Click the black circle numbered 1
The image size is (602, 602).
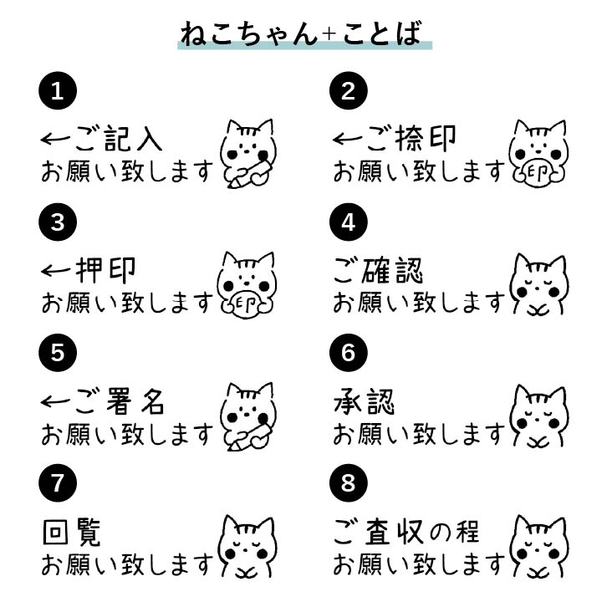57,91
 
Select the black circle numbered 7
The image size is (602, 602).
57,483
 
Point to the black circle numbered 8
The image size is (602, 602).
349,483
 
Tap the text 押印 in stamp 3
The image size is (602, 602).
105,270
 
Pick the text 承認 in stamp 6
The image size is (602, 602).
364,401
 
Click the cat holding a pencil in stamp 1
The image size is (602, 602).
247,153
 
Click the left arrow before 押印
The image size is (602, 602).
56,271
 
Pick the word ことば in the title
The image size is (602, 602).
380,34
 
